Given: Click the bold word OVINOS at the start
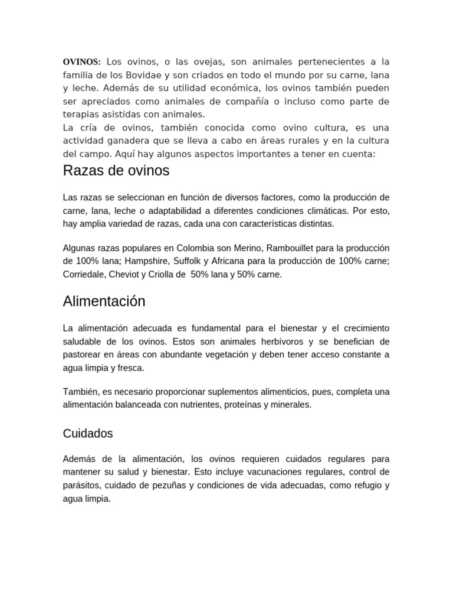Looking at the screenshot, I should (x=82, y=62).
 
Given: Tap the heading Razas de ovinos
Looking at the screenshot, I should (x=116, y=171).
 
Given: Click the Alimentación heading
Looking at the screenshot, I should (x=104, y=301).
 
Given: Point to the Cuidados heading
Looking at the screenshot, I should (x=88, y=433).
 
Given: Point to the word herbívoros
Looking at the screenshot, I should (x=263, y=341).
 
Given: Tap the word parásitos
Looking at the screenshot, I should (x=82, y=485).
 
